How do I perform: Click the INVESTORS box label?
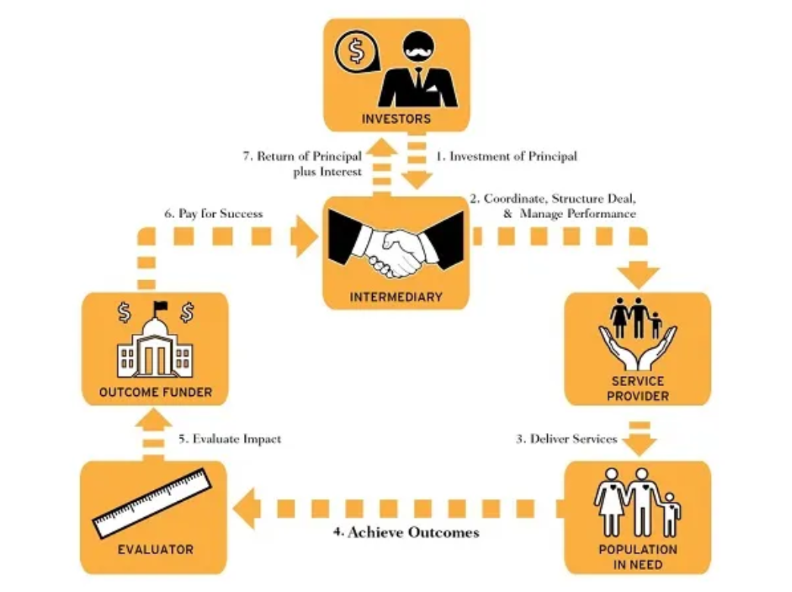tap(396, 119)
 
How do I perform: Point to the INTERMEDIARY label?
tap(396, 297)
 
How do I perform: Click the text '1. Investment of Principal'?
tap(506, 157)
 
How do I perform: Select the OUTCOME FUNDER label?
tap(155, 392)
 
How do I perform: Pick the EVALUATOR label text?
tap(155, 550)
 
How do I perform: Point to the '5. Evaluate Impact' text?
tap(230, 439)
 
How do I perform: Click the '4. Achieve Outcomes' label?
tap(406, 532)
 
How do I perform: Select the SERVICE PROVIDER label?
tap(637, 388)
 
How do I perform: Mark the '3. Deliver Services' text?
tap(567, 439)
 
